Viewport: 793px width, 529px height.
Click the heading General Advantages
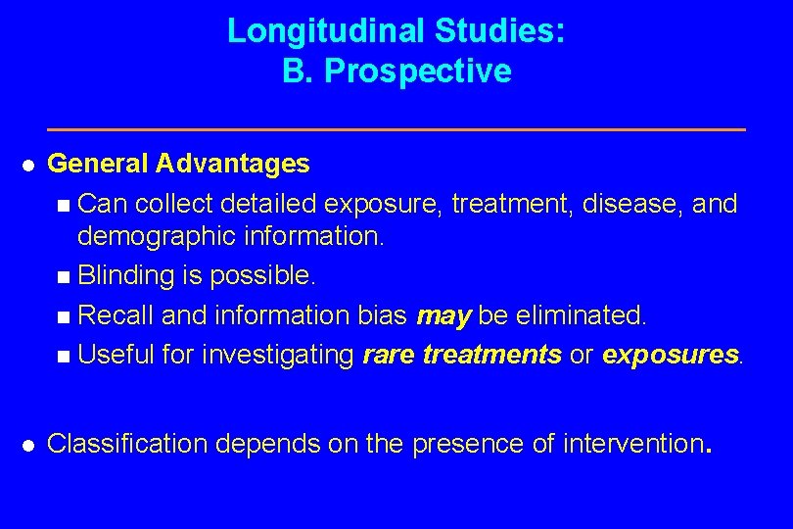pyautogui.click(x=178, y=164)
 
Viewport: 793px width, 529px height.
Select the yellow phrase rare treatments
pyautogui.click(x=462, y=355)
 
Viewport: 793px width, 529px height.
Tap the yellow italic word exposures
pyautogui.click(x=671, y=355)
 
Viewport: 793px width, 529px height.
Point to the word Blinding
pyautogui.click(x=127, y=276)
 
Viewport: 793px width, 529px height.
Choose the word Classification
pyautogui.click(x=127, y=444)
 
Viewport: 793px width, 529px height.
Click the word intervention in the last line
pyautogui.click(x=632, y=444)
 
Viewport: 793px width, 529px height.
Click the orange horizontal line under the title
pyautogui.click(x=396, y=129)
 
